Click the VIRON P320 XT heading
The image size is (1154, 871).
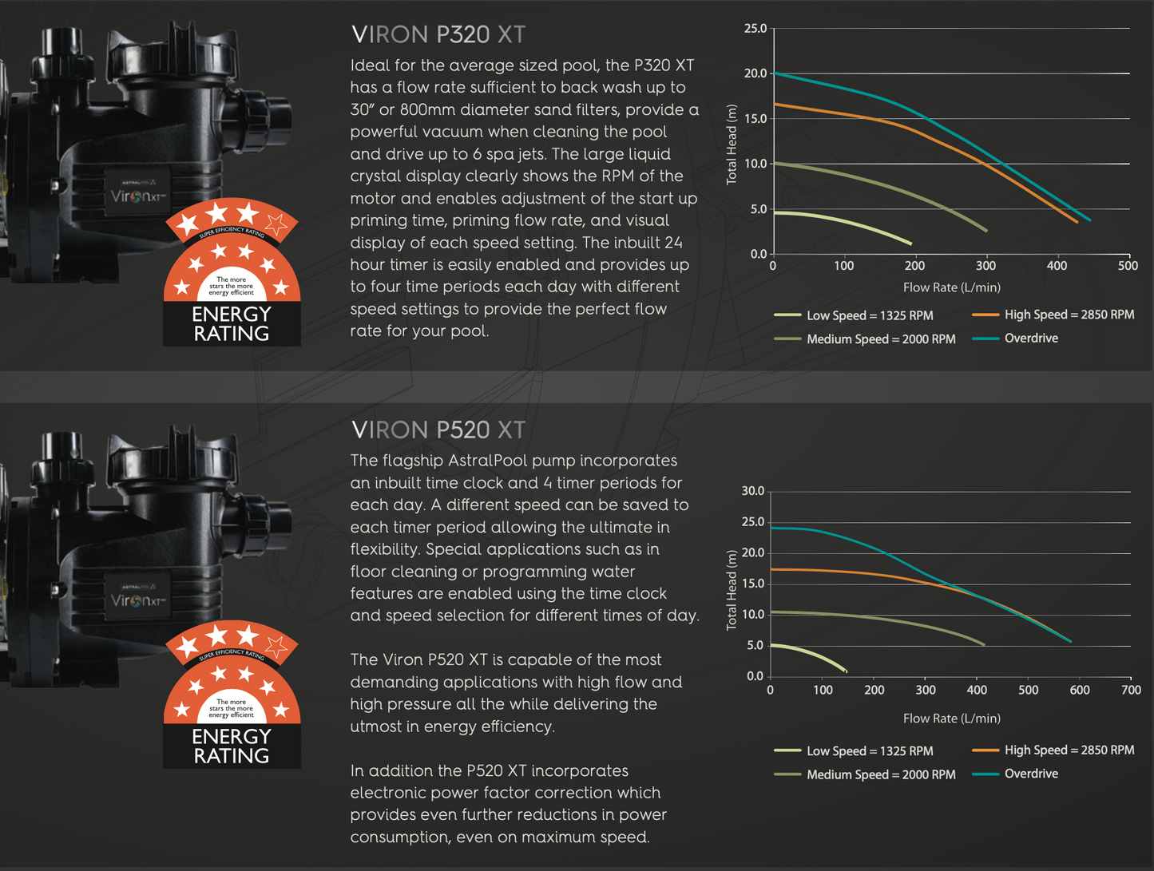(438, 35)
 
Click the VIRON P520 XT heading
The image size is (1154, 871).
(438, 430)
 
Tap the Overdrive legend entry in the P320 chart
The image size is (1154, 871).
(1030, 339)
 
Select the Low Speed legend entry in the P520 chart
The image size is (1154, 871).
(869, 751)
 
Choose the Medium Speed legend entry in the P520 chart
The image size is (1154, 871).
(880, 774)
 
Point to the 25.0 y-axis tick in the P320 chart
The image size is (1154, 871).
(755, 29)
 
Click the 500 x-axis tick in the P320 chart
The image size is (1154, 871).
(1128, 266)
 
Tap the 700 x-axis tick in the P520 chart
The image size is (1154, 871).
(1131, 690)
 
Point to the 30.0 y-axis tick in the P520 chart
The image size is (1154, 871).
(752, 491)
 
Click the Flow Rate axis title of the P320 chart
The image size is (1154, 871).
(951, 287)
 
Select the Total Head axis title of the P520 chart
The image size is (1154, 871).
(732, 590)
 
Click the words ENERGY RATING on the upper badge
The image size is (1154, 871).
(232, 324)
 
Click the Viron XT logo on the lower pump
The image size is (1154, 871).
(138, 600)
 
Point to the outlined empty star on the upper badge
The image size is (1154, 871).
(276, 224)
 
